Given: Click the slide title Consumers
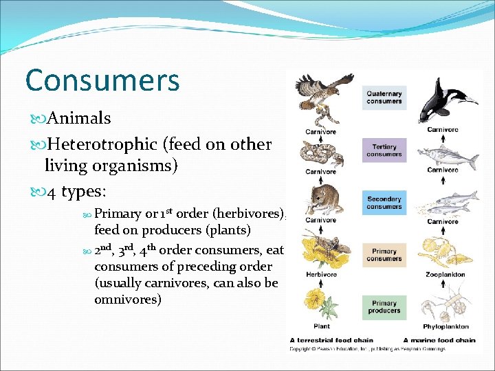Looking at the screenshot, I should [x=102, y=80].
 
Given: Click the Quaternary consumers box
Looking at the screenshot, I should [x=384, y=97].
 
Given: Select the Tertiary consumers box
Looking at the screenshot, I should [x=384, y=150].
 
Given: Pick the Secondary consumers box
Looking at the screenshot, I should [x=384, y=203].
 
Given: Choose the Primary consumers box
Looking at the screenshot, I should [x=384, y=255].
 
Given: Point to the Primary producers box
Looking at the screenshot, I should [x=384, y=307].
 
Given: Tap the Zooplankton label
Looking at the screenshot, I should [x=445, y=275].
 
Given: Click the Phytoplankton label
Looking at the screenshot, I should [x=445, y=326].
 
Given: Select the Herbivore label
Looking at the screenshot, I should [x=321, y=275].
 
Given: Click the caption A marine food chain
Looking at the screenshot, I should [x=439, y=340].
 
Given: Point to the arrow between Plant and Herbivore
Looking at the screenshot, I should [x=321, y=284].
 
